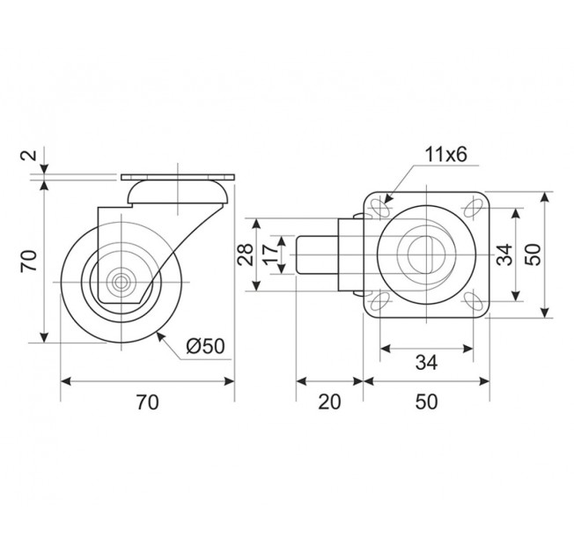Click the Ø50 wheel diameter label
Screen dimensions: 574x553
point(205,345)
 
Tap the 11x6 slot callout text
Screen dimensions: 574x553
point(445,155)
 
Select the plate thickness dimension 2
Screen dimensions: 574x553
point(33,154)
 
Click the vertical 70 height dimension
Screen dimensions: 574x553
point(29,261)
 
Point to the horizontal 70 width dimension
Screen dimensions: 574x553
point(148,402)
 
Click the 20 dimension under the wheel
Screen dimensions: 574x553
point(329,402)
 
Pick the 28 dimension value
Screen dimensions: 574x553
point(246,254)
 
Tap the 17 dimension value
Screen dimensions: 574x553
point(270,254)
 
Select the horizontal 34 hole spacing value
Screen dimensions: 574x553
point(427,363)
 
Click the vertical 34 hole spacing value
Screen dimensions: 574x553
point(504,254)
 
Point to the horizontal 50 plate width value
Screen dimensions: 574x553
point(427,402)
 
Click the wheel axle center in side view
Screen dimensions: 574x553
point(121,282)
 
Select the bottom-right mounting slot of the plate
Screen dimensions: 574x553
point(474,300)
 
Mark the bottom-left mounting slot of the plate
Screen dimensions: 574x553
point(381,300)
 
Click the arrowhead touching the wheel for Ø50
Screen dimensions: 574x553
point(160,335)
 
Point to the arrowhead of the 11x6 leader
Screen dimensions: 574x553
point(387,199)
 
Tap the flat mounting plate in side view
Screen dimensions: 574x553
point(178,178)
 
